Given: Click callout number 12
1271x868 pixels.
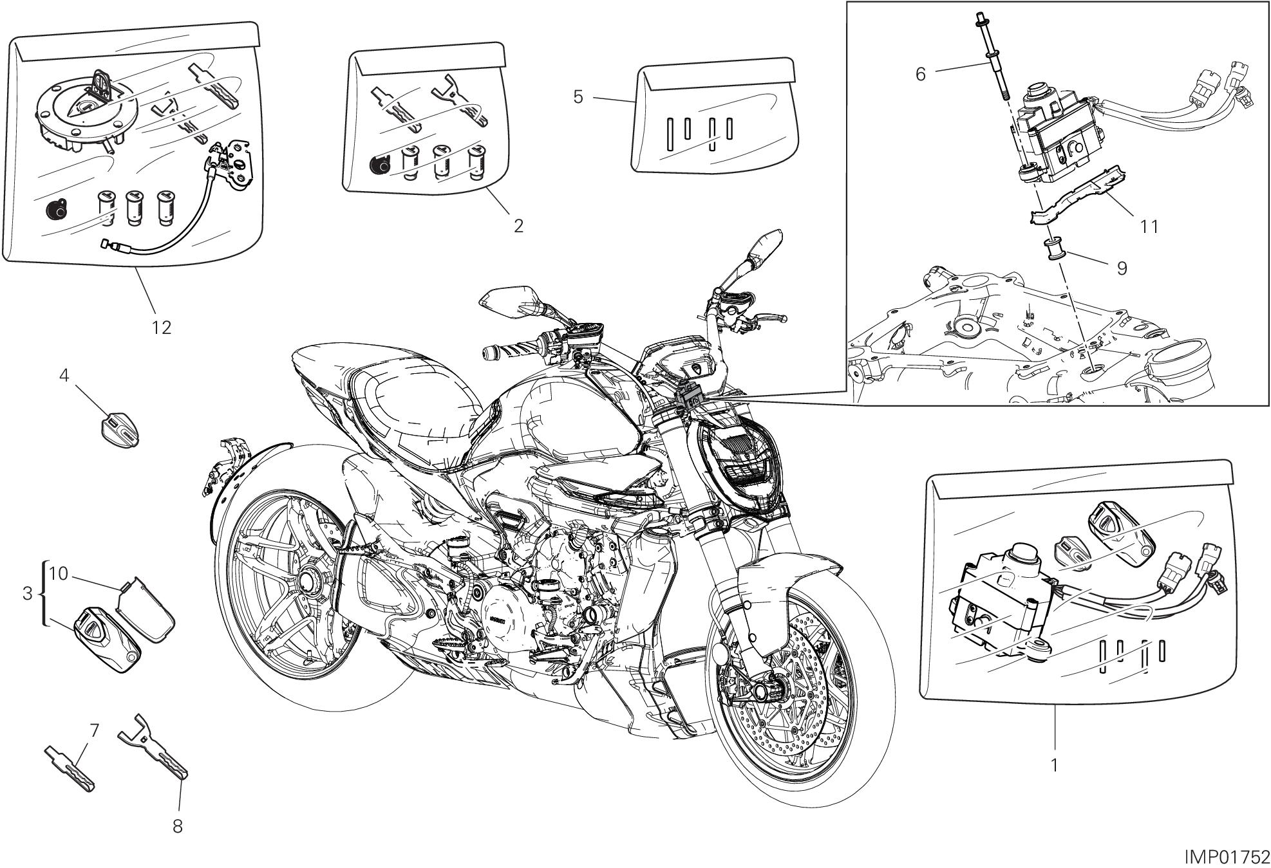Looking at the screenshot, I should [x=162, y=328].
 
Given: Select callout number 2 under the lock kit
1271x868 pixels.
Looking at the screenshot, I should [x=518, y=225].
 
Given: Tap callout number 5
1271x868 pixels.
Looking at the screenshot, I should [x=578, y=97].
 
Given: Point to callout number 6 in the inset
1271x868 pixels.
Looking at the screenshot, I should [x=921, y=75].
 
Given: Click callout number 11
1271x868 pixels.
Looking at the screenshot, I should [x=1149, y=226].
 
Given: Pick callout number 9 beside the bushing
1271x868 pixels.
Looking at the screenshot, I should [x=1122, y=268].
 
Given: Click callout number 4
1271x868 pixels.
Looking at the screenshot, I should [x=64, y=374].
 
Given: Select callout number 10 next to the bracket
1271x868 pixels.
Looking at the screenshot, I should [x=59, y=573].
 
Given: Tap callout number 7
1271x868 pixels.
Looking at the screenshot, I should [x=94, y=730].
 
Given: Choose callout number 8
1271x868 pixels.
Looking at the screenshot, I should [x=178, y=826].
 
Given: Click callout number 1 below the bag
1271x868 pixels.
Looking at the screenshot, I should [x=1054, y=765].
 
